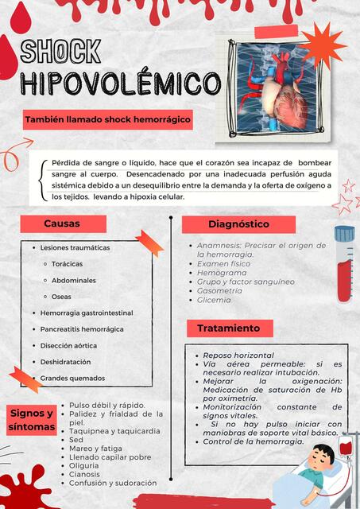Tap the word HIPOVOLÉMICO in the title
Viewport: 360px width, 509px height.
[x=119, y=83]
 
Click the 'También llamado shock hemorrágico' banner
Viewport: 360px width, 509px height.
[x=108, y=119]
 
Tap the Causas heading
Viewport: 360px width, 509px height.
[x=62, y=223]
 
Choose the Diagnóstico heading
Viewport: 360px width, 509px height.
[x=238, y=224]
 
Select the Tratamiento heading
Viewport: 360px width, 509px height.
[x=229, y=328]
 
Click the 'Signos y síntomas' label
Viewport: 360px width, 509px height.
[x=32, y=420]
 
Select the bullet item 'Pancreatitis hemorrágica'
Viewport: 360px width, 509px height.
[x=82, y=329]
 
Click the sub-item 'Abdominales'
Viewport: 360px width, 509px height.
[x=74, y=280]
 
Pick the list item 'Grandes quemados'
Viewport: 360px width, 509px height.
[x=72, y=378]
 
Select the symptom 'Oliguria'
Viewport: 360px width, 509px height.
[x=85, y=465]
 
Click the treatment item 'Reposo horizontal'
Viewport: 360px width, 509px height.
[x=238, y=355]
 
